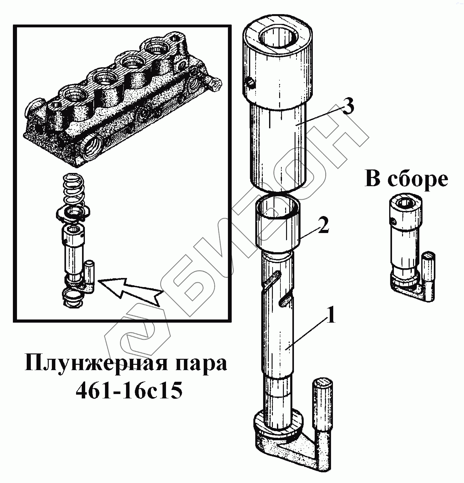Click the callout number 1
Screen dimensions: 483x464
(x=331, y=317)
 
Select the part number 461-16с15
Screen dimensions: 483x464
(x=129, y=391)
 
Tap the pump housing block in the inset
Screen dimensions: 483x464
(x=123, y=101)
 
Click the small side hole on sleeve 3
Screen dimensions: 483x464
(x=250, y=83)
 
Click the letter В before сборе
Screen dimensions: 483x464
(x=373, y=179)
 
